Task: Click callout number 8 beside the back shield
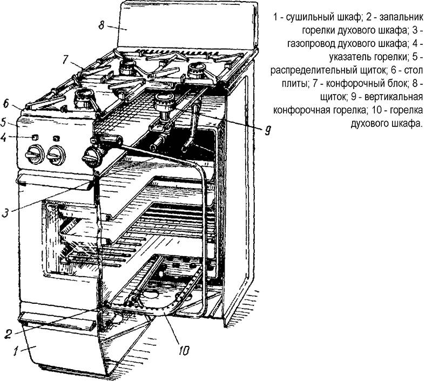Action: (102, 25)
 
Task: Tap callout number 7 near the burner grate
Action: (64, 60)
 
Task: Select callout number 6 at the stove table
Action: (6, 104)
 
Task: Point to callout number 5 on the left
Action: (3, 122)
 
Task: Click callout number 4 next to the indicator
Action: (3, 137)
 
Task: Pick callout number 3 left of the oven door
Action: (5, 212)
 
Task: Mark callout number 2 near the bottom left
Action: (8, 334)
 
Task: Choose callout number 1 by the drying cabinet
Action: (17, 351)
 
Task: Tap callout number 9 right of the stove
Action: (267, 130)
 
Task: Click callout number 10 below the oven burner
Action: (184, 350)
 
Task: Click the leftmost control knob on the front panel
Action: (34, 155)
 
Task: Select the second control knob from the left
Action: (56, 155)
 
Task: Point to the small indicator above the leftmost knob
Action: (35, 137)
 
